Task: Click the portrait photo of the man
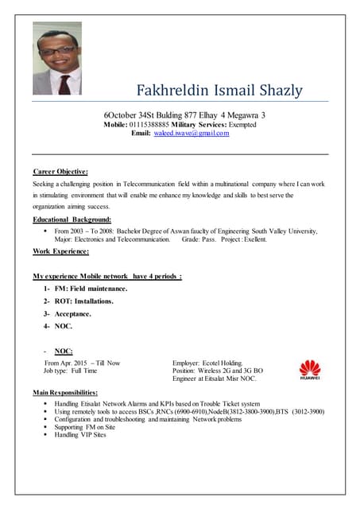coord(56,58)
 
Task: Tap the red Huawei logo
coord(308,370)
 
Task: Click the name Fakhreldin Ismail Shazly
coord(219,90)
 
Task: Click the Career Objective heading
coord(60,171)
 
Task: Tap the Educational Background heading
coord(72,220)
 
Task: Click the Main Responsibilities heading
coord(65,393)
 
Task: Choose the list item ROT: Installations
coord(83,301)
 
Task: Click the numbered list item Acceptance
coord(72,314)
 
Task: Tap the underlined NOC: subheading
coord(64,351)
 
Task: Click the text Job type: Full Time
coord(71,371)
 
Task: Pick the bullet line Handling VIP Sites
coord(80,435)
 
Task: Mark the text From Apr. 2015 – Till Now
coord(83,363)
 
